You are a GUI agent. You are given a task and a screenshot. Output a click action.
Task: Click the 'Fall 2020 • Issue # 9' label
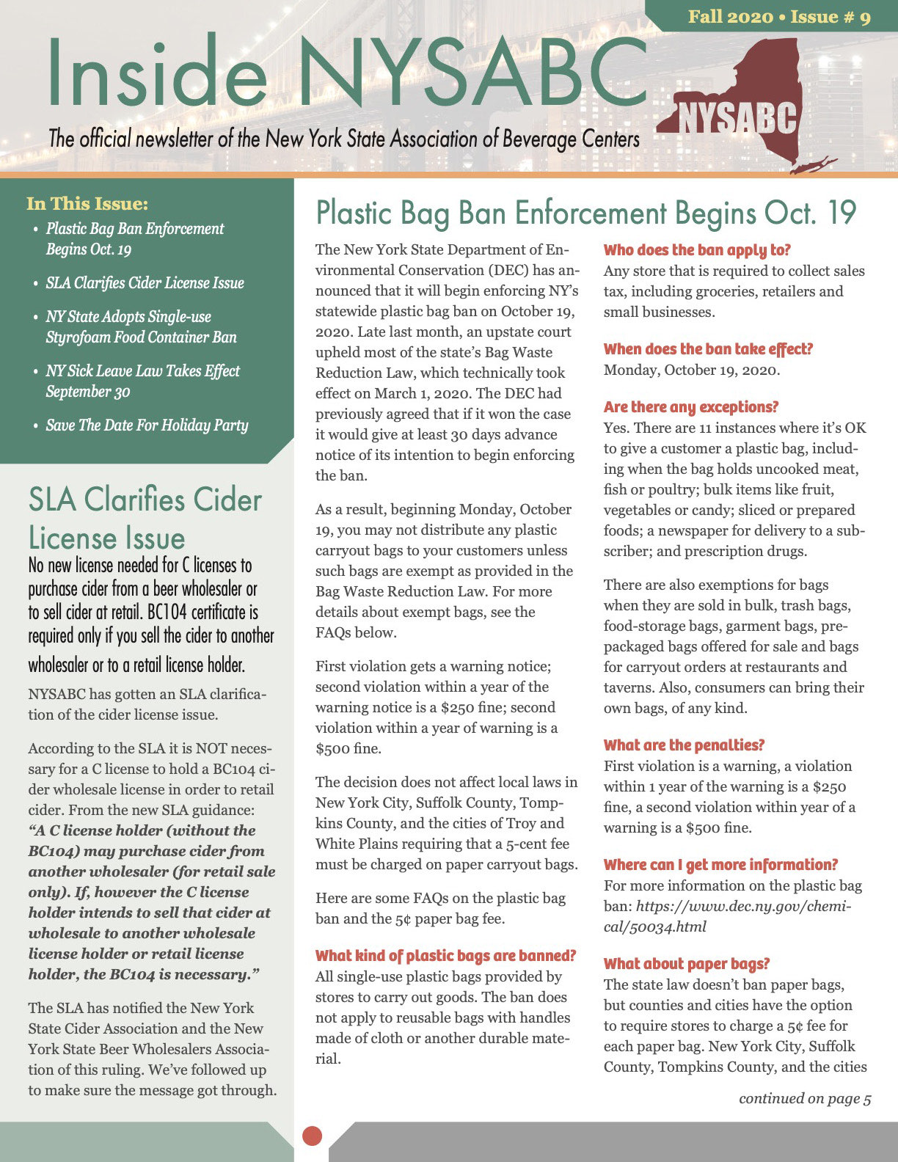(x=779, y=16)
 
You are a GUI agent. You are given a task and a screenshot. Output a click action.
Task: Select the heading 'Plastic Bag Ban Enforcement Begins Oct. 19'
(x=585, y=213)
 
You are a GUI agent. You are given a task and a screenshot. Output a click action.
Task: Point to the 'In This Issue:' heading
(x=87, y=203)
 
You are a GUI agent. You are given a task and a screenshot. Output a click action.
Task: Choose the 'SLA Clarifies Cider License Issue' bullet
(x=145, y=282)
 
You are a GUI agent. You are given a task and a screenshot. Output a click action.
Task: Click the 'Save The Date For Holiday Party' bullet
(x=147, y=425)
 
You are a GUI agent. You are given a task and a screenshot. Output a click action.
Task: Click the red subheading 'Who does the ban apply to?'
(x=696, y=250)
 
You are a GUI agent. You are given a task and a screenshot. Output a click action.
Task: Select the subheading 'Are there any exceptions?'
(x=690, y=406)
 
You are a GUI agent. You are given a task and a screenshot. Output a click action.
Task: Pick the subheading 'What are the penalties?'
(x=684, y=745)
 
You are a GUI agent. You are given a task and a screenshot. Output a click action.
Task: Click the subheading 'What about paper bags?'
(x=686, y=963)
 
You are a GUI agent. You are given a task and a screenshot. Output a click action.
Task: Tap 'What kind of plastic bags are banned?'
(x=445, y=955)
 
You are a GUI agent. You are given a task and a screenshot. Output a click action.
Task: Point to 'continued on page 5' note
(x=805, y=1098)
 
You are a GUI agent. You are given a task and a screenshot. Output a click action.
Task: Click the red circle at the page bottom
(x=313, y=1135)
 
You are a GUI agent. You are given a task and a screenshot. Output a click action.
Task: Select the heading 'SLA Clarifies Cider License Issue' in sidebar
(x=145, y=518)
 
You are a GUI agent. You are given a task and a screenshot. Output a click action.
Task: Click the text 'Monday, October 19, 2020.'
(x=691, y=370)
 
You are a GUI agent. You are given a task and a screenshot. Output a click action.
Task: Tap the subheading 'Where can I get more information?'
(x=720, y=864)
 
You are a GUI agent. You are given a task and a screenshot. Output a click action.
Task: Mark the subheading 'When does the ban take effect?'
(x=708, y=349)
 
